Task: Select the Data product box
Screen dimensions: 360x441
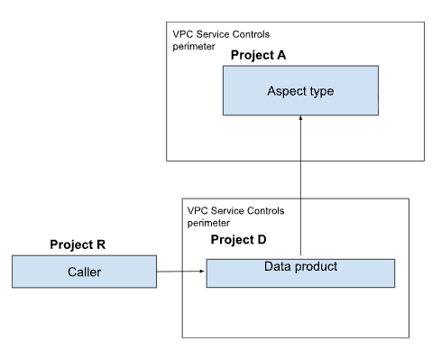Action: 300,272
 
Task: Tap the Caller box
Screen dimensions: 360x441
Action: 84,271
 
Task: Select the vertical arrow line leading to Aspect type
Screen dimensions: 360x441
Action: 300,189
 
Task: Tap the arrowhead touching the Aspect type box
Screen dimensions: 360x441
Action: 300,121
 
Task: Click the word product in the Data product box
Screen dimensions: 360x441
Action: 316,267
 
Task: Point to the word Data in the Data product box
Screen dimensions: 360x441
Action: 278,267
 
